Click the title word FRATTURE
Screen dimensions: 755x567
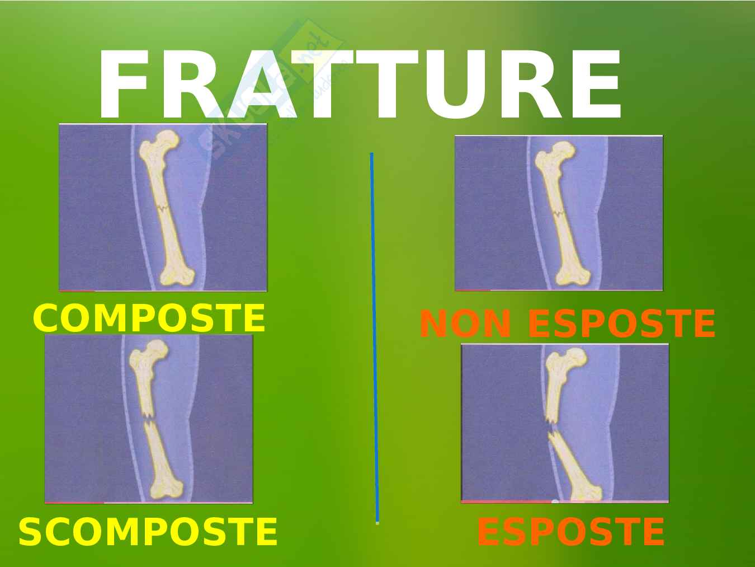(360, 84)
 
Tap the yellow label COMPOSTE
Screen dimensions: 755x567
(149, 318)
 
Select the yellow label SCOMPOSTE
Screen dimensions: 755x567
(148, 532)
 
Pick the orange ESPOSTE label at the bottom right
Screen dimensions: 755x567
(571, 532)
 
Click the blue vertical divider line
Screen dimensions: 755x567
(375, 338)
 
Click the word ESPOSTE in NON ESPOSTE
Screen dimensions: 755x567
(621, 324)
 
